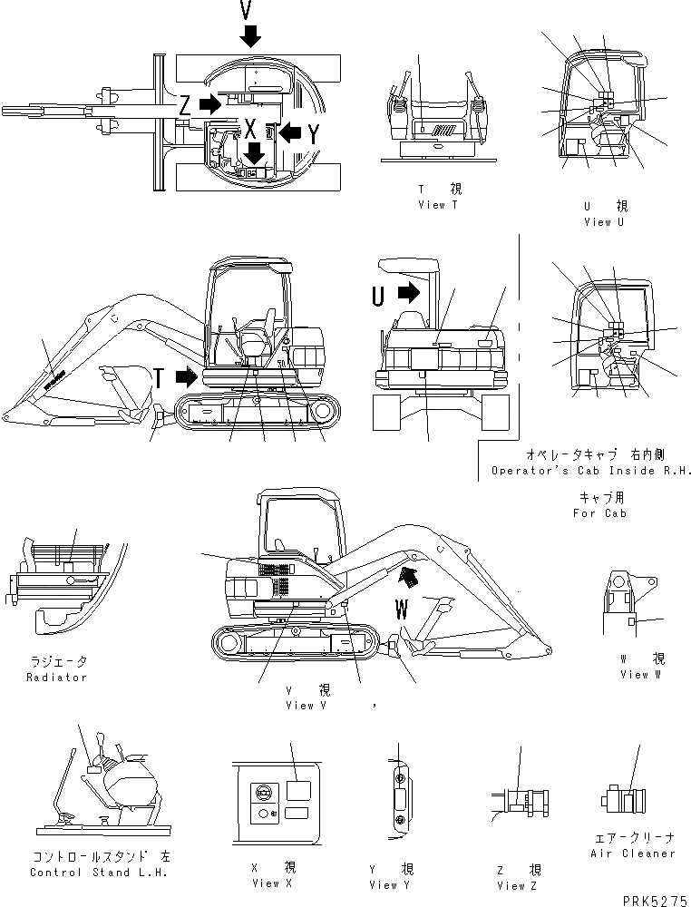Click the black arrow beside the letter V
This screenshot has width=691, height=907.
coord(251,36)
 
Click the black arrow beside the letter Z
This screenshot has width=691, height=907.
coord(209,104)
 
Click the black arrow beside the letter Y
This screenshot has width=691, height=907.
coord(289,132)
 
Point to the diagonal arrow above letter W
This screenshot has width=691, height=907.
coord(412,573)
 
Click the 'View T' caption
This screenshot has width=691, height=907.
coord(438,205)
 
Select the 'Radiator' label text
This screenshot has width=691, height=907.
coord(56,678)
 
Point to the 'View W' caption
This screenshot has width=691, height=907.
coord(641,675)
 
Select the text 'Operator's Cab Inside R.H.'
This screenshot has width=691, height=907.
coord(591,471)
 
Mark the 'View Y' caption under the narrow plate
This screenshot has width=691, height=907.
coord(390,884)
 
